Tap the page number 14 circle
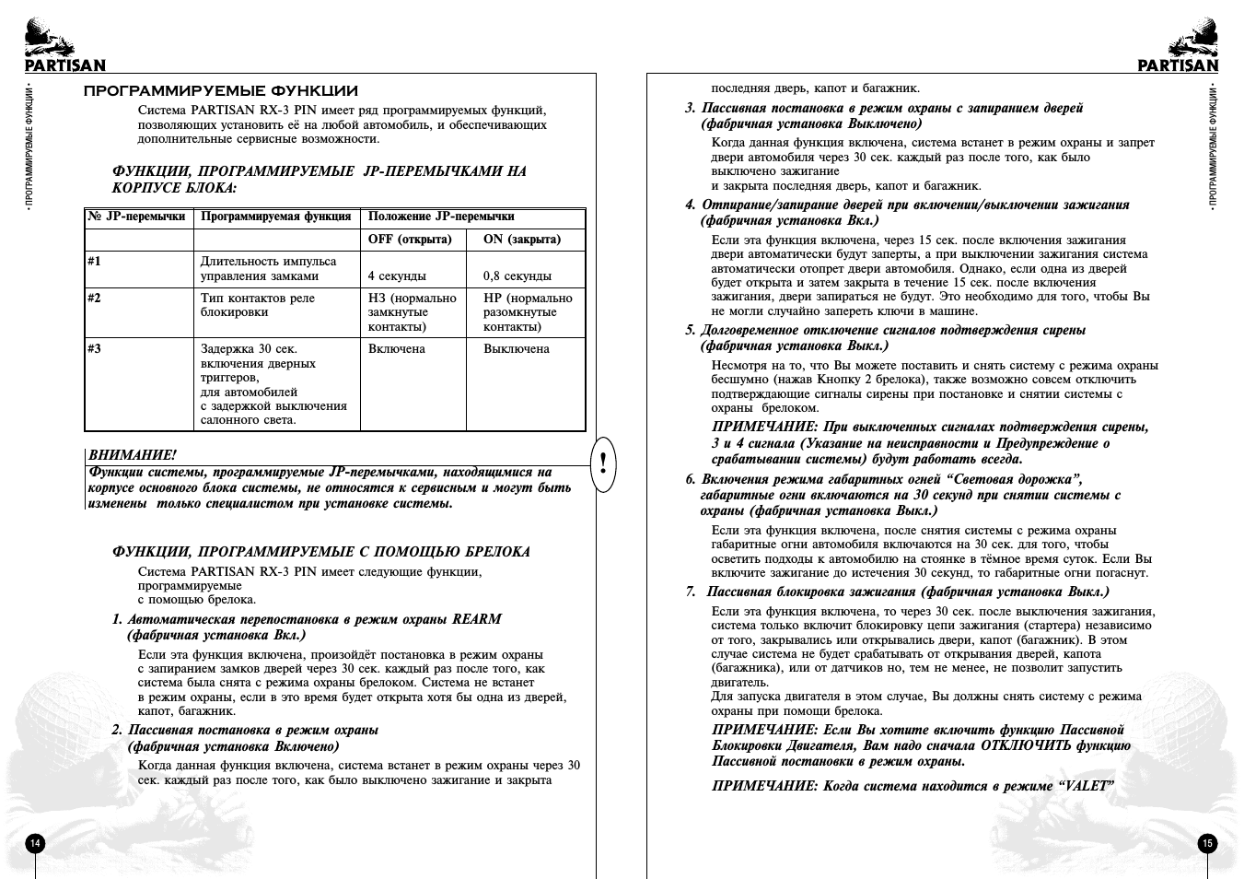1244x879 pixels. coord(35,843)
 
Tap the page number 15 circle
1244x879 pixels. coord(1207,843)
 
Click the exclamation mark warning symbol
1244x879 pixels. coord(602,462)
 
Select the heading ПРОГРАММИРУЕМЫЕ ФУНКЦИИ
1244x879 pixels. coord(221,91)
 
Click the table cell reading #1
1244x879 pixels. coord(95,262)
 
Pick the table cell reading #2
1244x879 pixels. coord(95,299)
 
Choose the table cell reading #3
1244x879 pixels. coord(95,349)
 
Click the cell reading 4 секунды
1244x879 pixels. coord(397,276)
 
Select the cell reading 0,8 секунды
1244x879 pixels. coord(517,276)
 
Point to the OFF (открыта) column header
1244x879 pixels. coord(410,240)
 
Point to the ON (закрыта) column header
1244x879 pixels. coord(522,240)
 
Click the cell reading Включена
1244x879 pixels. coord(397,349)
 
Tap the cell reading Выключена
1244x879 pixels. coord(517,349)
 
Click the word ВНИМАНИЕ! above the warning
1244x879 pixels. coord(132,455)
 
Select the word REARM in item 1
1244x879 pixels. coord(476,619)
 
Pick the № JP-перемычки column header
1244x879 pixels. coord(137,217)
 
